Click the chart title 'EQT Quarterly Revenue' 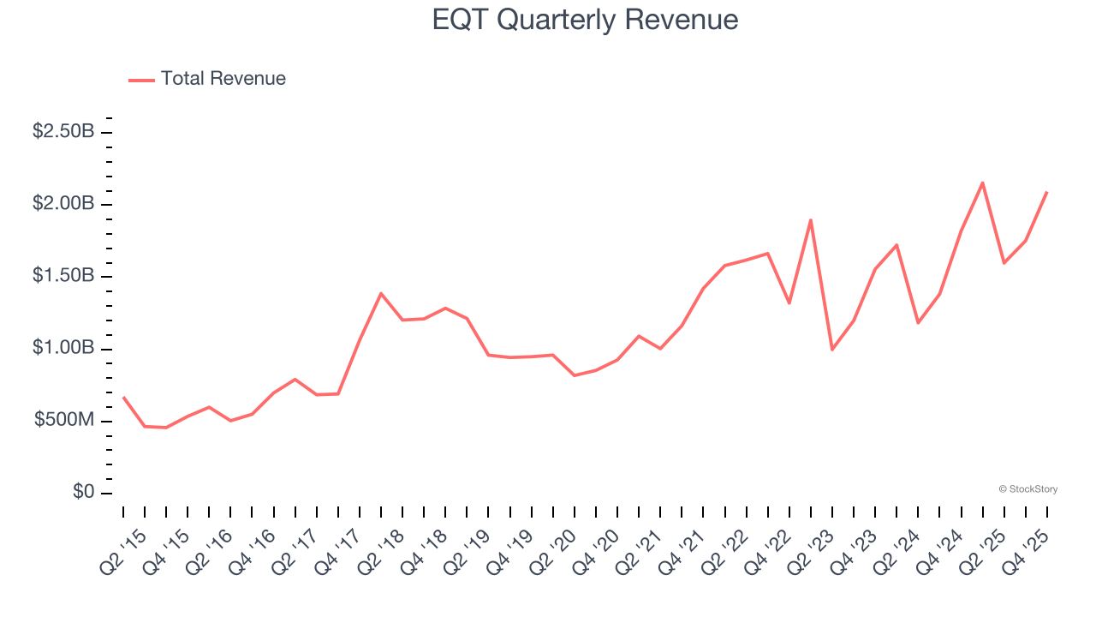click(x=585, y=20)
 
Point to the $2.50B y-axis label click(x=63, y=132)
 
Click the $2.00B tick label click(x=63, y=204)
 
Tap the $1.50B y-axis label click(x=63, y=276)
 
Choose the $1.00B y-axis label click(x=63, y=349)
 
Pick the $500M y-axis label click(x=63, y=421)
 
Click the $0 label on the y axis click(x=83, y=493)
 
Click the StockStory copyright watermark click(x=1027, y=489)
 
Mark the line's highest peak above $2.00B click(x=982, y=183)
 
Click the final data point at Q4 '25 click(x=1046, y=193)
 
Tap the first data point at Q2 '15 click(x=123, y=397)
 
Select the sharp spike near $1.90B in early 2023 click(x=810, y=220)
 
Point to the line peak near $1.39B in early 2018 click(x=381, y=293)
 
